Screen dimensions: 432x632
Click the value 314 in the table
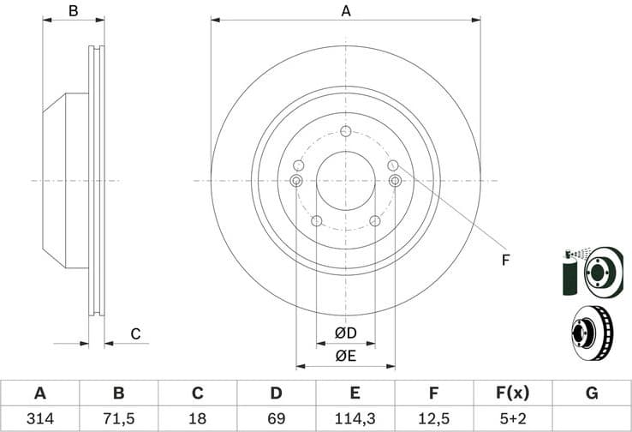pyautogui.click(x=39, y=418)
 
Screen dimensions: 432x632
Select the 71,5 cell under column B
pyautogui.click(x=118, y=418)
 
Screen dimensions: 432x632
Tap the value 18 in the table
pyautogui.click(x=197, y=418)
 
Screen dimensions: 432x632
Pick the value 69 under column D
pyautogui.click(x=276, y=418)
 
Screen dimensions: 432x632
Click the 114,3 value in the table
pyautogui.click(x=355, y=418)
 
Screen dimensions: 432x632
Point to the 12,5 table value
pyautogui.click(x=433, y=418)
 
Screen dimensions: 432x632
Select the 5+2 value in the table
pyautogui.click(x=512, y=418)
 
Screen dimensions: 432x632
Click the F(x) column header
pyautogui.click(x=512, y=393)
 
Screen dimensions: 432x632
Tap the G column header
pyautogui.click(x=591, y=393)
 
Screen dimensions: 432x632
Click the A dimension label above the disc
pyautogui.click(x=346, y=11)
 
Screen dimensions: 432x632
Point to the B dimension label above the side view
pyautogui.click(x=74, y=11)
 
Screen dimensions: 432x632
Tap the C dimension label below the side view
pyautogui.click(x=134, y=334)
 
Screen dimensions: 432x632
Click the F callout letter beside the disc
pyautogui.click(x=505, y=259)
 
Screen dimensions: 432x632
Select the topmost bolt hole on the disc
pyautogui.click(x=345, y=131)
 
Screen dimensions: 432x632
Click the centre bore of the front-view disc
pyautogui.click(x=345, y=180)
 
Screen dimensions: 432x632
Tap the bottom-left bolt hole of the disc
pyautogui.click(x=316, y=221)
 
